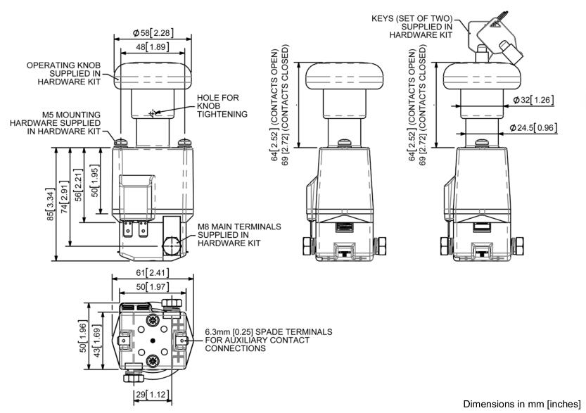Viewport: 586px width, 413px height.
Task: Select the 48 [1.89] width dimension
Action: pyautogui.click(x=152, y=47)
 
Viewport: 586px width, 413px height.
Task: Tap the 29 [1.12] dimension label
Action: pyautogui.click(x=151, y=395)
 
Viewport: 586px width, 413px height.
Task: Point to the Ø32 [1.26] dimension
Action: pyautogui.click(x=533, y=100)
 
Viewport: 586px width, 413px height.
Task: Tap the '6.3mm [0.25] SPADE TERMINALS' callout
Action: pyautogui.click(x=268, y=340)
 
